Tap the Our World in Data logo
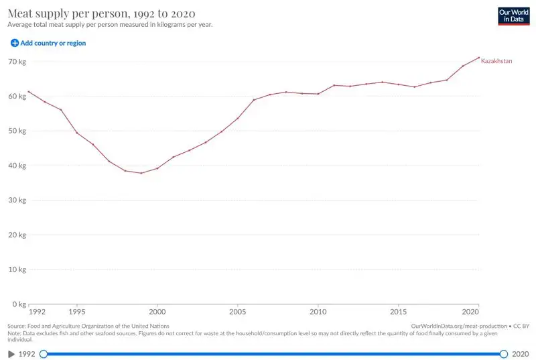coord(513,16)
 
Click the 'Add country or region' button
coord(48,43)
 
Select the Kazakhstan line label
coord(496,61)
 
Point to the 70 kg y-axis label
coord(17,62)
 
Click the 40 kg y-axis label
coord(17,166)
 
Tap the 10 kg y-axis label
coord(17,269)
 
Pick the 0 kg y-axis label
coord(18,304)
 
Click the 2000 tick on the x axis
coord(157,312)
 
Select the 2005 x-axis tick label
coord(238,312)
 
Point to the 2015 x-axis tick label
coord(399,312)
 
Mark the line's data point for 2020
coord(479,58)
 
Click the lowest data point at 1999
coord(141,173)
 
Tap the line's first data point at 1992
coord(28,91)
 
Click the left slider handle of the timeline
coord(44,353)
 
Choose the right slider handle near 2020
coord(504,353)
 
